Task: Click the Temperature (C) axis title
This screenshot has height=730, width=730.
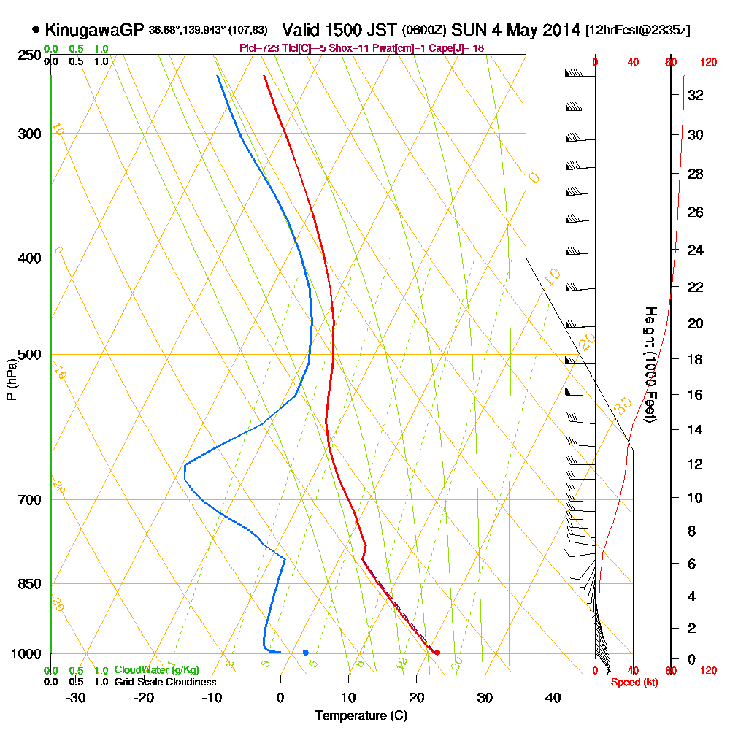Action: tap(361, 716)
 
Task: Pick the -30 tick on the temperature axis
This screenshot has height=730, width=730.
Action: tap(76, 697)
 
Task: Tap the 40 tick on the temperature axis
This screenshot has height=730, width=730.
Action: tap(553, 697)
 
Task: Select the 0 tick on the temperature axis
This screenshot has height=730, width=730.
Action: tap(280, 697)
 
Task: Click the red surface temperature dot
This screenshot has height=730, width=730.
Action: tap(437, 653)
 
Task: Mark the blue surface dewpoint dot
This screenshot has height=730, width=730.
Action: tap(305, 652)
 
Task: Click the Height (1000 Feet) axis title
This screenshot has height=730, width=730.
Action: tap(649, 364)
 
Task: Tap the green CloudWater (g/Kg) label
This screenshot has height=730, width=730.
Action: tap(156, 670)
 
